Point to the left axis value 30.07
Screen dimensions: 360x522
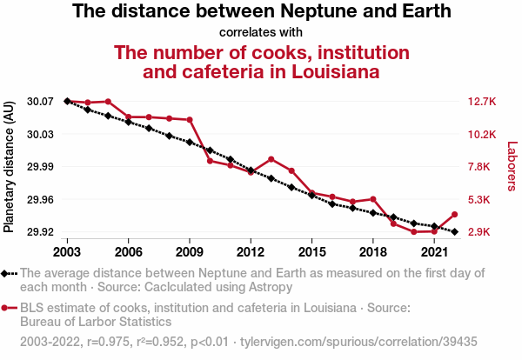point(40,102)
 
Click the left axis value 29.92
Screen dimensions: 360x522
point(40,232)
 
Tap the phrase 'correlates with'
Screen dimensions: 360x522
point(260,33)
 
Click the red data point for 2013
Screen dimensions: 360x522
point(271,159)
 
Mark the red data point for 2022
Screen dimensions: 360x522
point(454,214)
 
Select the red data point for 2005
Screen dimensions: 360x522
point(108,102)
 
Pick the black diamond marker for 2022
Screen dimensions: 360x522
point(454,231)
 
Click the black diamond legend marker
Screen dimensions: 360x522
point(6,273)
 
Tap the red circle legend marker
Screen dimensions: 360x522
point(6,307)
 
